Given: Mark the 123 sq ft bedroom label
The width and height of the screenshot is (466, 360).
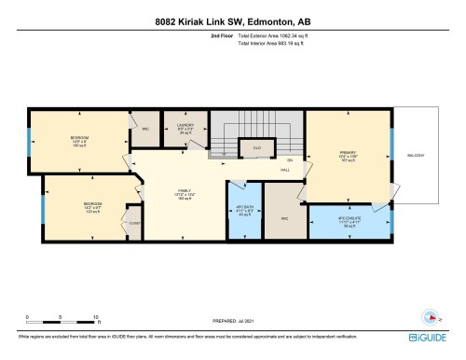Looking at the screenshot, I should (x=91, y=204).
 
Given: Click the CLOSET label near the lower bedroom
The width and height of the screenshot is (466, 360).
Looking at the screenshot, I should (x=133, y=224).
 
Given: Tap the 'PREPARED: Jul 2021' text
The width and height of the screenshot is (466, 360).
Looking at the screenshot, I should (x=220, y=321).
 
